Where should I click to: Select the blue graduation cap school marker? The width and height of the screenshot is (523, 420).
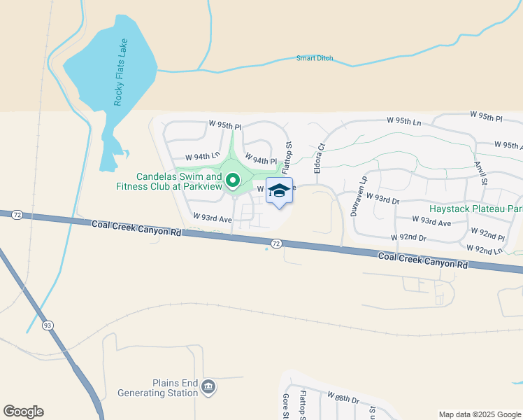tap(279, 191)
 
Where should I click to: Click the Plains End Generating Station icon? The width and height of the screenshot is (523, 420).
tap(208, 387)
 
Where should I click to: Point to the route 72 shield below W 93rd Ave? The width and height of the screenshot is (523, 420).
tap(277, 244)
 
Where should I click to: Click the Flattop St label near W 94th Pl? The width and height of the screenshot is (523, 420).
tap(287, 153)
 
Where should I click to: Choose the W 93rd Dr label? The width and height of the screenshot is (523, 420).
tap(382, 200)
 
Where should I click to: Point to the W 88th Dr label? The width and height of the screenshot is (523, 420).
tap(343, 400)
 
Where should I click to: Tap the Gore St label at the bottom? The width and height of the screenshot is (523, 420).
tap(285, 407)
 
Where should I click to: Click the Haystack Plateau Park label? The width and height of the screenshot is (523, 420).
tap(485, 209)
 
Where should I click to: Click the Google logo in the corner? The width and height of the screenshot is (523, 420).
tap(23, 412)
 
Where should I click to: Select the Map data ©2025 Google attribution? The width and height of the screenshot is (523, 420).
tap(479, 414)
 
